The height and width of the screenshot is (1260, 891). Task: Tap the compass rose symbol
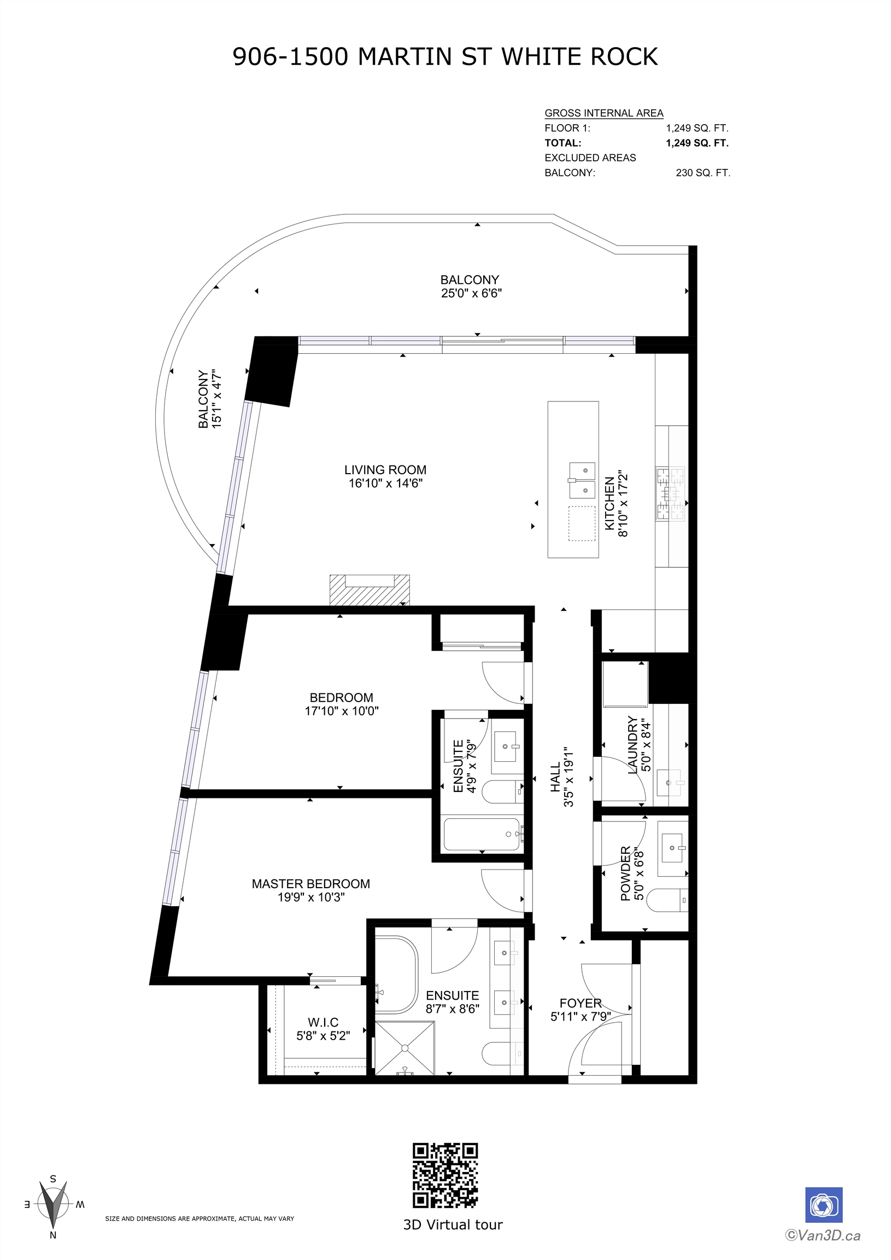tap(53, 1206)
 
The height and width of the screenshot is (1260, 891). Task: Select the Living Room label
tap(385, 470)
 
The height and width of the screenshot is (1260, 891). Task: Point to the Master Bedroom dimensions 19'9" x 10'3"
tap(311, 897)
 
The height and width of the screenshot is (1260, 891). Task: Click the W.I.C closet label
tap(323, 1022)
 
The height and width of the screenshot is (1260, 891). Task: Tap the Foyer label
tap(581, 1003)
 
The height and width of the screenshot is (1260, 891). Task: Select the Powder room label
tap(625, 874)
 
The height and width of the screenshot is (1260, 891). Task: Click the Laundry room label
tap(632, 745)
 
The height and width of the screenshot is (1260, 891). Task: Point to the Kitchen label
tap(609, 504)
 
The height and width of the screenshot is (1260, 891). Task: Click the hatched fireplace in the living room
tap(370, 590)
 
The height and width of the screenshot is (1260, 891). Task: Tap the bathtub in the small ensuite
tap(482, 835)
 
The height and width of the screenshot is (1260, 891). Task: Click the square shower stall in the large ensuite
tap(405, 1048)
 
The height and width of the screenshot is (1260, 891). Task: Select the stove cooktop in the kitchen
tap(671, 494)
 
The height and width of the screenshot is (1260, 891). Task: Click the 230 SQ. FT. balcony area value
tap(703, 173)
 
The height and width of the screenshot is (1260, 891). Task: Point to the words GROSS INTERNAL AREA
tap(604, 113)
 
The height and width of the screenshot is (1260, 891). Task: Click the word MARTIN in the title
tap(405, 57)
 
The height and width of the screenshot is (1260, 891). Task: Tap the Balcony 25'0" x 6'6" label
tap(471, 287)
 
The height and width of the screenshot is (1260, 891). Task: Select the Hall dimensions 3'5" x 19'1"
tap(569, 777)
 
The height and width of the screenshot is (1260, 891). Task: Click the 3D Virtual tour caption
tap(453, 1225)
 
